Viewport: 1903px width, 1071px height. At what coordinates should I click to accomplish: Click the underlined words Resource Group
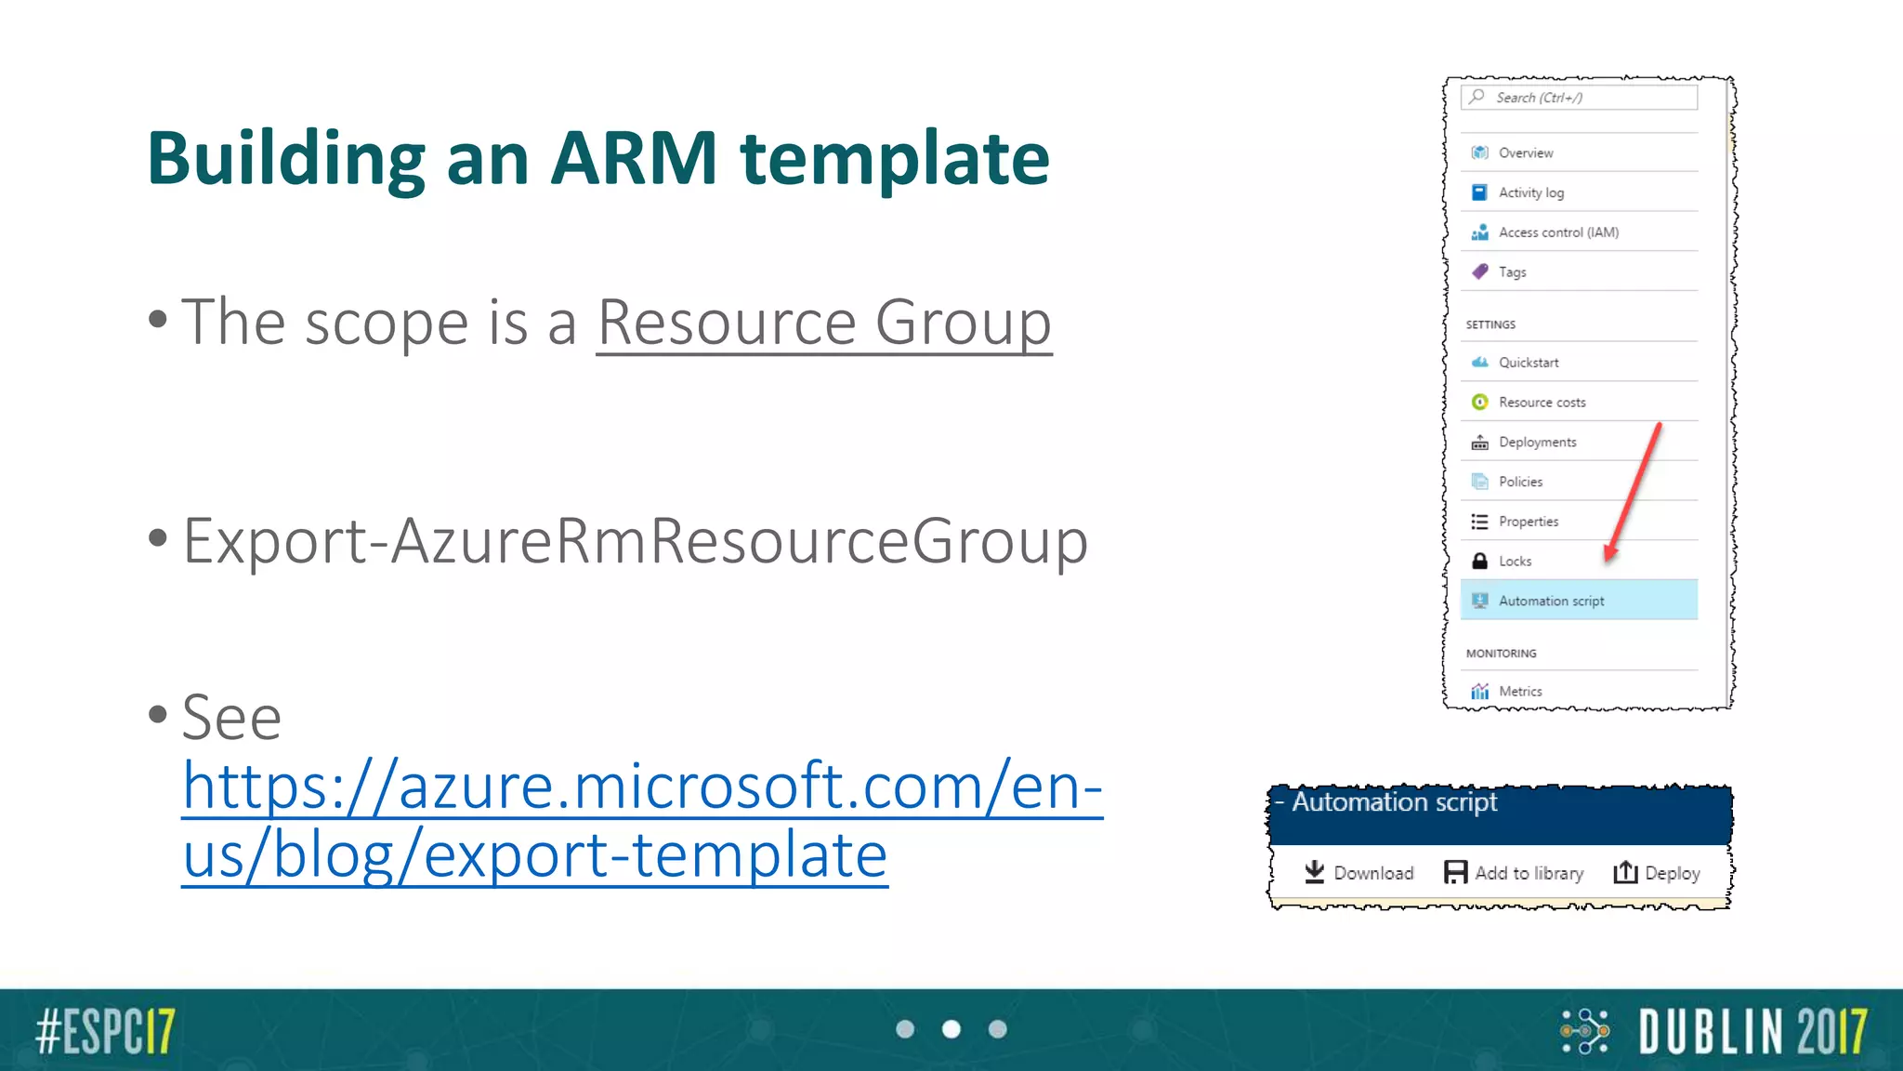(823, 323)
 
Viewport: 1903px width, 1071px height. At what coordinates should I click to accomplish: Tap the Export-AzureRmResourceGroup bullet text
(635, 540)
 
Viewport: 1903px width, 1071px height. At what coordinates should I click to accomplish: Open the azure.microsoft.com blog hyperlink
(641, 819)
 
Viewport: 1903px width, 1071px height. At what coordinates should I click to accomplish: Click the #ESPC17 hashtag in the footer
(105, 1030)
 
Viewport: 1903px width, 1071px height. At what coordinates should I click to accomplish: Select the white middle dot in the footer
(951, 1029)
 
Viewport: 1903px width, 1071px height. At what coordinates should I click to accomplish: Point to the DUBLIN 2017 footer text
(1752, 1031)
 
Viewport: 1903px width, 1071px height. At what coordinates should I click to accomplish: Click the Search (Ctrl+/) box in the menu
(1580, 98)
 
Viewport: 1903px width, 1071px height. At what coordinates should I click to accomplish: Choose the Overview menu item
(1525, 152)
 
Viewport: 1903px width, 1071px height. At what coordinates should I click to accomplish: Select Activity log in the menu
(1530, 192)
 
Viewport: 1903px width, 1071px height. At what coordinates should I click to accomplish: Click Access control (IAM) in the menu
(1557, 232)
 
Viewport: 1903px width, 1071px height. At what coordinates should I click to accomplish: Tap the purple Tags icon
(1480, 271)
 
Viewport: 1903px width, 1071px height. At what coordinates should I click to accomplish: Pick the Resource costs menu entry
(1542, 403)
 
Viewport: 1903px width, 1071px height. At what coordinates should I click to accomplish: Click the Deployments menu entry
(1537, 443)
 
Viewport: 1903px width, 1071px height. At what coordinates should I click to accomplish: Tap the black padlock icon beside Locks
(1480, 561)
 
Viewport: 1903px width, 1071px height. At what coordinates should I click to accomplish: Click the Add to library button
(1514, 873)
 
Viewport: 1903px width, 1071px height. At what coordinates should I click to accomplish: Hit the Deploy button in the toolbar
(1657, 873)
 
